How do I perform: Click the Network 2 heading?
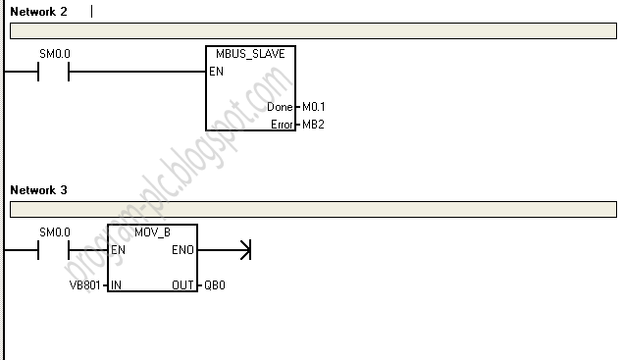[x=38, y=12]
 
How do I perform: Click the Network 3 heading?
[x=38, y=189]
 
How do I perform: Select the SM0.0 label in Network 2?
[x=55, y=55]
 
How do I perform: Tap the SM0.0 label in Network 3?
[x=55, y=232]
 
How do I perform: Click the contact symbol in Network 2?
[x=53, y=73]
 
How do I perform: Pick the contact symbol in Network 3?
[x=53, y=250]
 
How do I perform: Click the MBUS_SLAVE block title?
[x=251, y=55]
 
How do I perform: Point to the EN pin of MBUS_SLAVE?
[x=216, y=73]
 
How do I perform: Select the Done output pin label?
[x=280, y=107]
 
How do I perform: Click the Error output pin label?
[x=282, y=125]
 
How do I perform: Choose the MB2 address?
[x=313, y=125]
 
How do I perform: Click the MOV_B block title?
[x=153, y=232]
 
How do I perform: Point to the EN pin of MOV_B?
[x=119, y=250]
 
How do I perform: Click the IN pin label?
[x=117, y=285]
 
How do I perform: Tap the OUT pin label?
[x=183, y=285]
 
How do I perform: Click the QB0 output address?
[x=215, y=285]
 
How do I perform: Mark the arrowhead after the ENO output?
[x=244, y=250]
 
